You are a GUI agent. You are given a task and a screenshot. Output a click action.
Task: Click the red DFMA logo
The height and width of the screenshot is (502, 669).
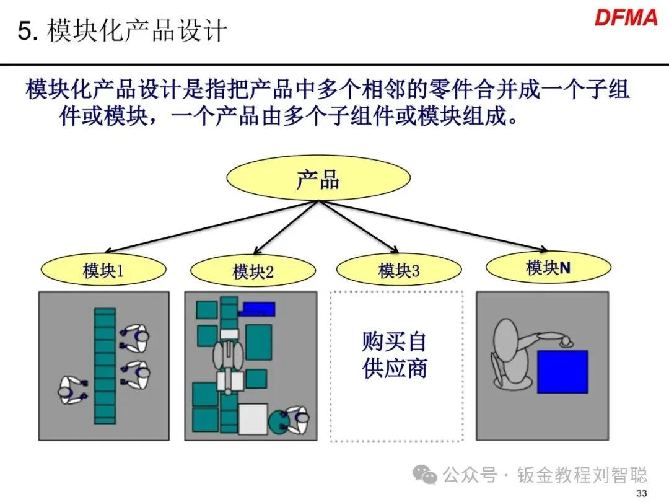tap(626, 18)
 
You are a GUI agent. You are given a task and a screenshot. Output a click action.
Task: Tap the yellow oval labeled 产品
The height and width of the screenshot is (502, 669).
tap(318, 180)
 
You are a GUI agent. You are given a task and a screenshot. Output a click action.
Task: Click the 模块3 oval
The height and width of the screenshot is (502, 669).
tap(399, 271)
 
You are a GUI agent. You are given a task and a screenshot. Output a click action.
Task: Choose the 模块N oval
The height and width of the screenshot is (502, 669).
tap(548, 268)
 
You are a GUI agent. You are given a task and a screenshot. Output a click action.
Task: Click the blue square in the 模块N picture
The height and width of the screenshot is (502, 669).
tap(562, 371)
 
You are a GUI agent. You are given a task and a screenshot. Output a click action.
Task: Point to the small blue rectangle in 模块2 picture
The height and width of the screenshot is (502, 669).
tap(258, 308)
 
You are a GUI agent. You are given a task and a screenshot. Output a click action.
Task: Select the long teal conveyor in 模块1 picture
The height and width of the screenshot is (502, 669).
tap(105, 366)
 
